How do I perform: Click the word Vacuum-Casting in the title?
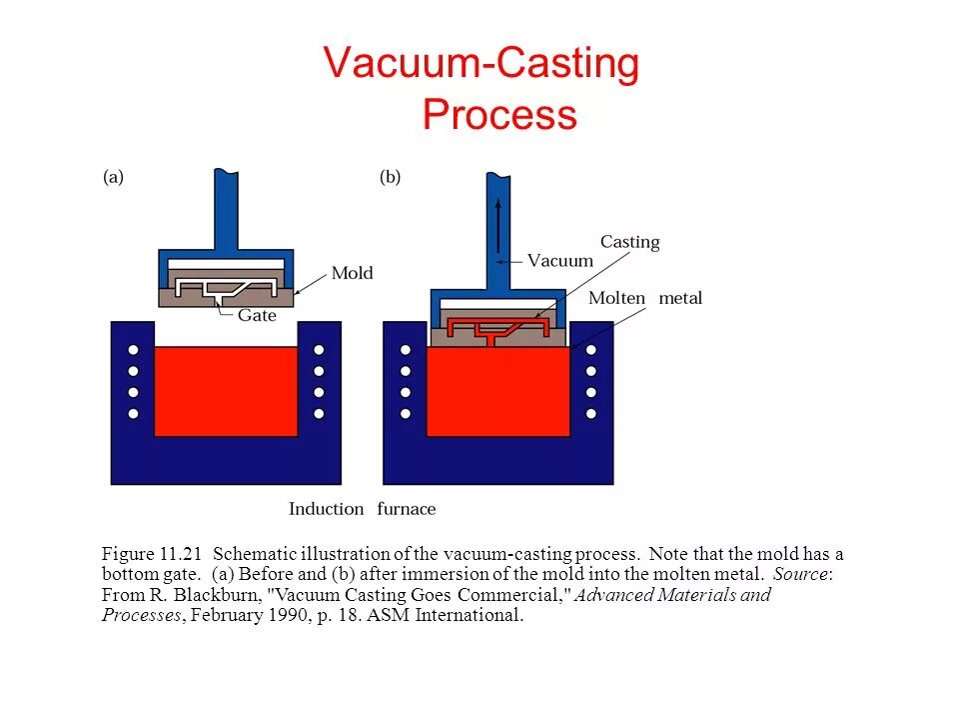click(x=480, y=65)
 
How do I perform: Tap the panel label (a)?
click(x=114, y=177)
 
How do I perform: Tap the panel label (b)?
click(x=390, y=177)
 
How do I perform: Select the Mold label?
click(x=352, y=273)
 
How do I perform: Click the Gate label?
click(x=257, y=315)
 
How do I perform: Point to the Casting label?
click(x=629, y=242)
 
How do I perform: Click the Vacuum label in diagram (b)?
click(x=559, y=261)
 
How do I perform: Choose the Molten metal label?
click(x=645, y=298)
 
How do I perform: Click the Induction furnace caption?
click(x=362, y=509)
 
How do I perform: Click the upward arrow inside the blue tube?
click(x=498, y=225)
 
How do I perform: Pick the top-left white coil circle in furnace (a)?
click(x=133, y=351)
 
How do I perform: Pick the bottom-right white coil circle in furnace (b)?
click(x=591, y=413)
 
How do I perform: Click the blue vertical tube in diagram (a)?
click(x=226, y=210)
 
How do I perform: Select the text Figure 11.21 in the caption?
click(x=152, y=554)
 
